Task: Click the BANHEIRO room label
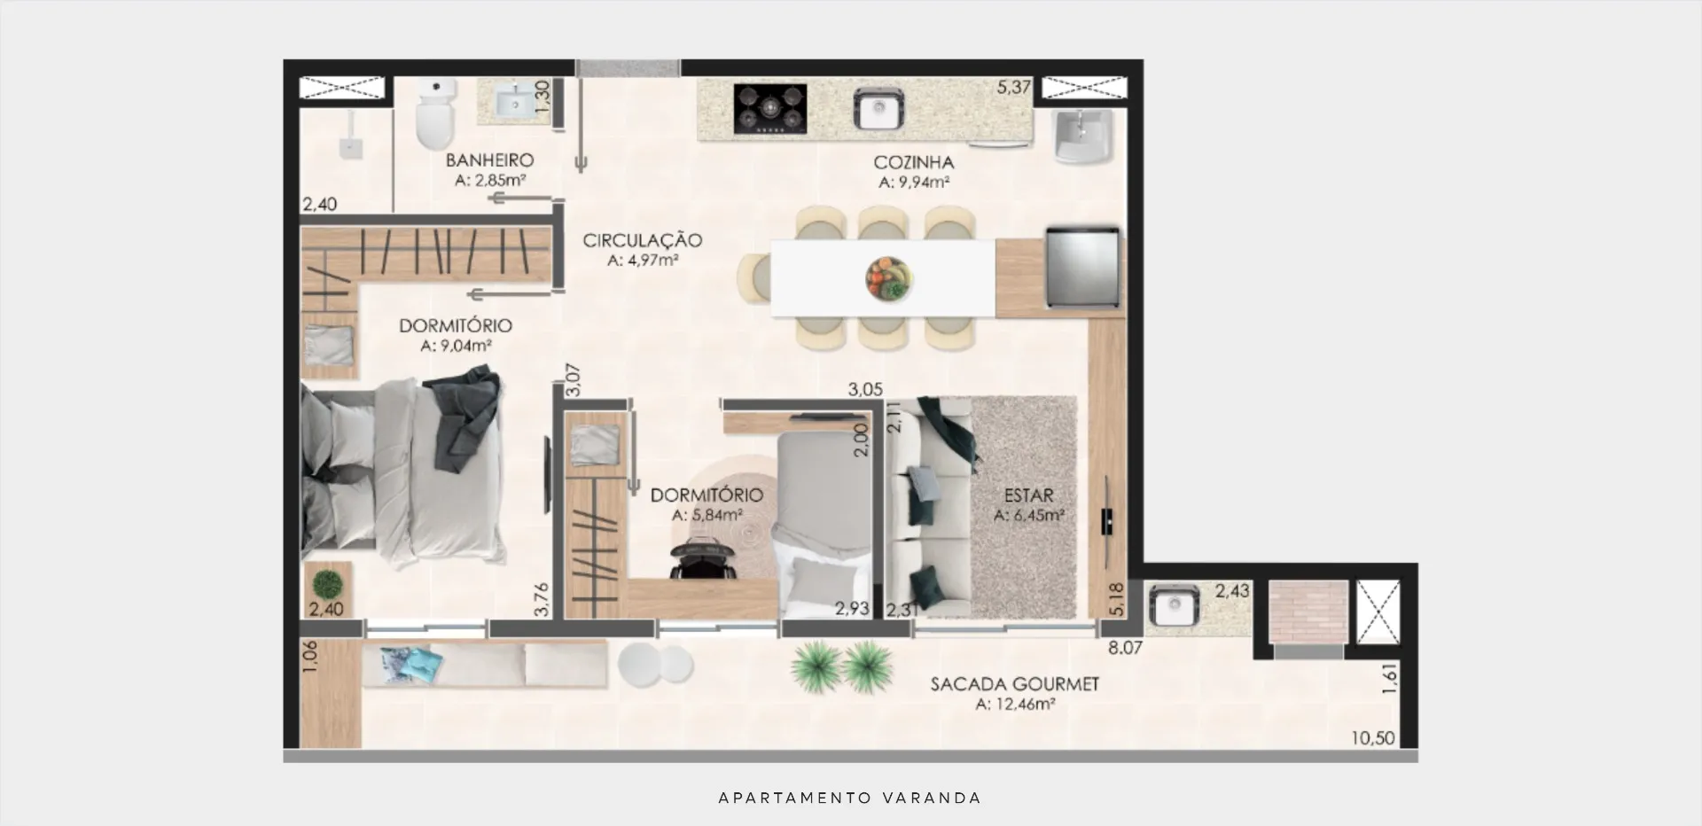[489, 160]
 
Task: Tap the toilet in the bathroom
[435, 113]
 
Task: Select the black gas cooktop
[769, 109]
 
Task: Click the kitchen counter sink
[878, 108]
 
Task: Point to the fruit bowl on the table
[888, 279]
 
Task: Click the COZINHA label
[913, 162]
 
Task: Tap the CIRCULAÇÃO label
[643, 240]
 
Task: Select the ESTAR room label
[1028, 495]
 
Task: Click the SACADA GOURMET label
[1015, 684]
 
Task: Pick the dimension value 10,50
[1373, 737]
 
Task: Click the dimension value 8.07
[1125, 648]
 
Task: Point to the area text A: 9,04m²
[456, 346]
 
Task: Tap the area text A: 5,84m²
[707, 515]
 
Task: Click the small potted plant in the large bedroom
[328, 583]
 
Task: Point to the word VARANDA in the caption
[933, 798]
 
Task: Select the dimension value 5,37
[1014, 87]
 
